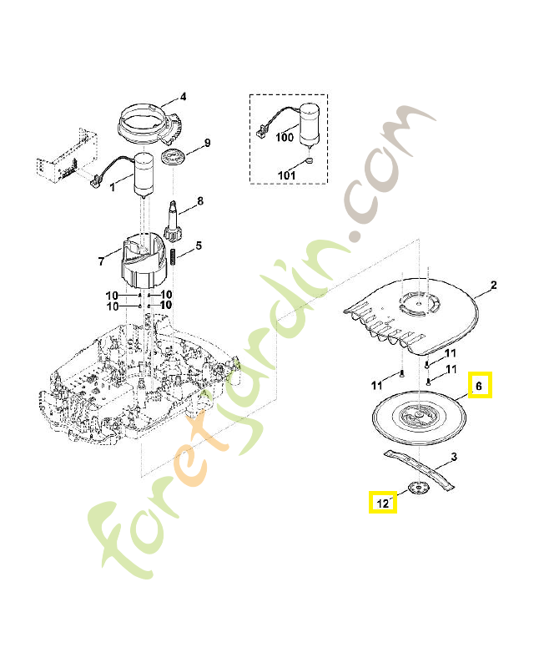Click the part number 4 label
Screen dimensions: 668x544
pyautogui.click(x=184, y=96)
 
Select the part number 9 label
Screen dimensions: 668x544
pyautogui.click(x=207, y=143)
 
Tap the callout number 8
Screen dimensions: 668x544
pyautogui.click(x=199, y=201)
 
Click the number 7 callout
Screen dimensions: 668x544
pyautogui.click(x=101, y=261)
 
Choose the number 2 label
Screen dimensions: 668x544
pyautogui.click(x=493, y=286)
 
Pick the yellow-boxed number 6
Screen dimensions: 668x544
pyautogui.click(x=479, y=386)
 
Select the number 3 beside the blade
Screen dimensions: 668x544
pyautogui.click(x=453, y=457)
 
